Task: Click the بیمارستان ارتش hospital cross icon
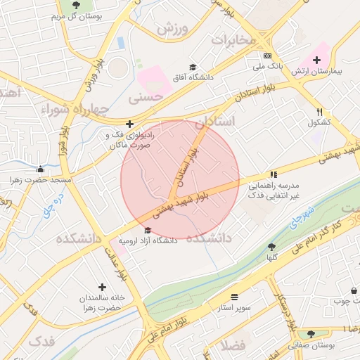(316, 60)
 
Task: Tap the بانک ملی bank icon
(267, 56)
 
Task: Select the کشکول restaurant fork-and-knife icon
(319, 112)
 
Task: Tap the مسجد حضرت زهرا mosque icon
(41, 169)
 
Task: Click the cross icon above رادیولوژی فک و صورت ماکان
(129, 124)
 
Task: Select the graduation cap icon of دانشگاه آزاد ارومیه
(147, 230)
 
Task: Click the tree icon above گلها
(271, 247)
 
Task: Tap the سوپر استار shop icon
(233, 297)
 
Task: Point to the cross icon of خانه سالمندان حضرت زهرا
(103, 287)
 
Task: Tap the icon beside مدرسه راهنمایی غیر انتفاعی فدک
(273, 175)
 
